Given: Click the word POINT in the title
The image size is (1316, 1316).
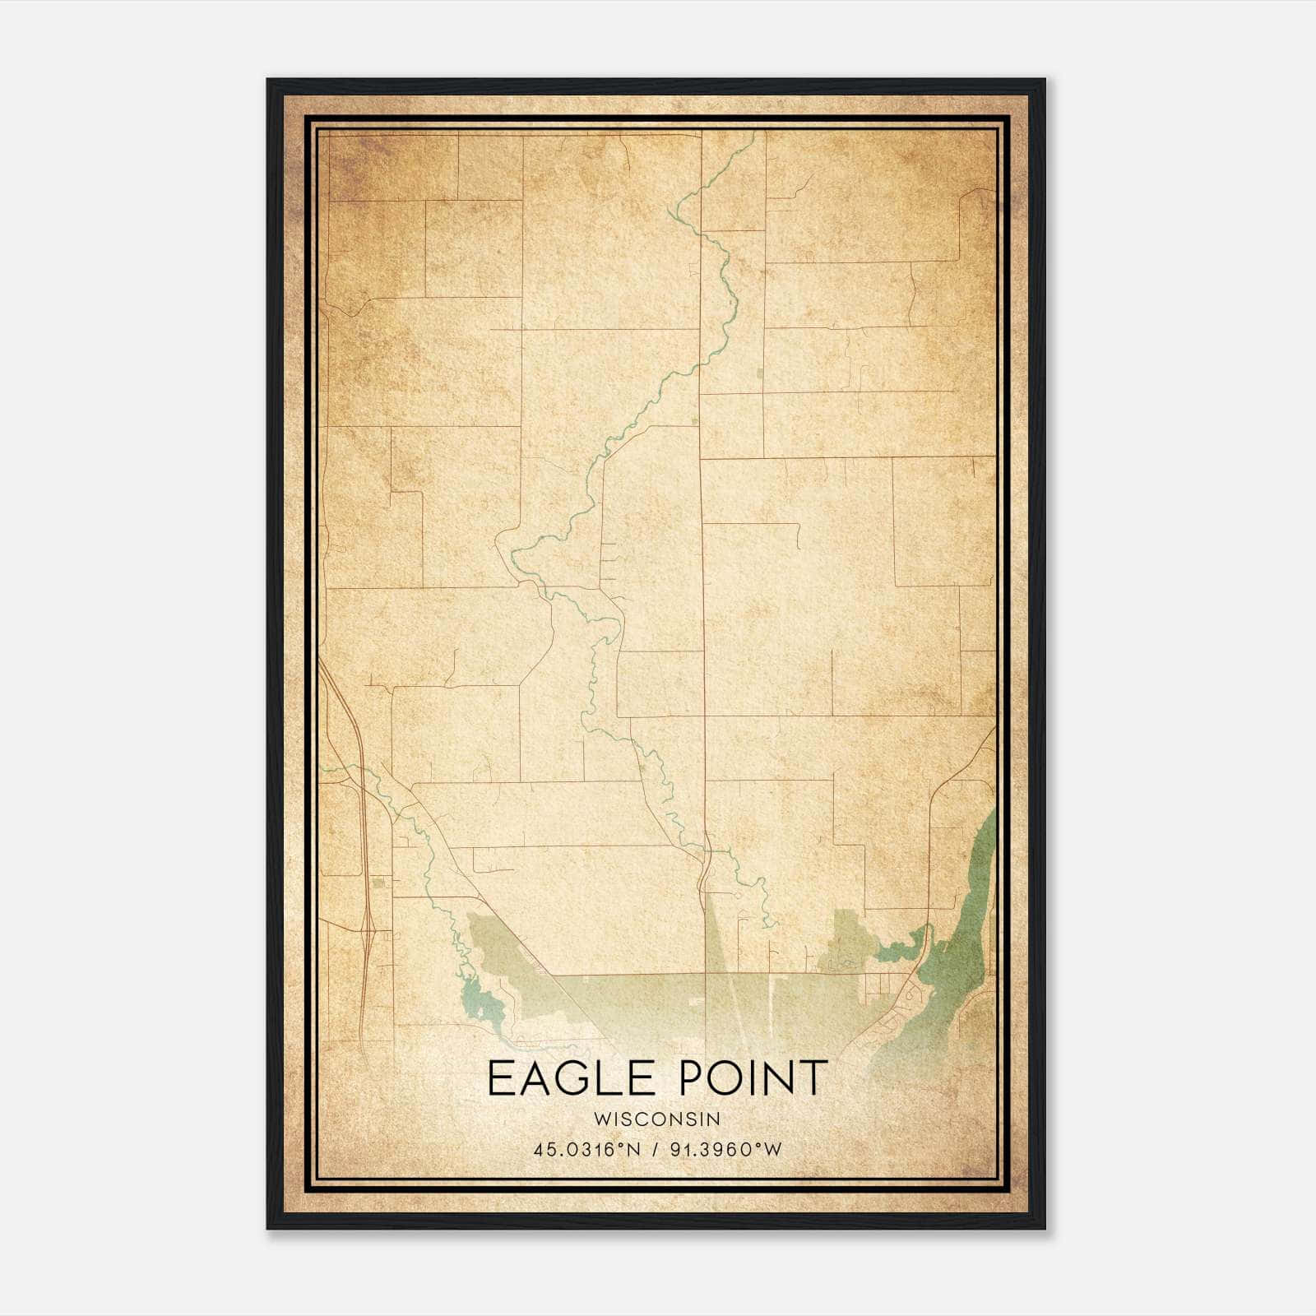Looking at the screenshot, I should [x=754, y=1078].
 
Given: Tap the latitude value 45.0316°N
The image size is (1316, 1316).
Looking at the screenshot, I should [x=586, y=1150].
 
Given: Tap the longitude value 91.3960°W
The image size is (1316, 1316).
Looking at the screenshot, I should [x=725, y=1150].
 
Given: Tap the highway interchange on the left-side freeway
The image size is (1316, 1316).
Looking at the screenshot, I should [x=372, y=934].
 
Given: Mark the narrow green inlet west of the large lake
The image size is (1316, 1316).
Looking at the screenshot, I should [x=901, y=950].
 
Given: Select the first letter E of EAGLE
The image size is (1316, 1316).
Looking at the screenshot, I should [x=499, y=1078].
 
